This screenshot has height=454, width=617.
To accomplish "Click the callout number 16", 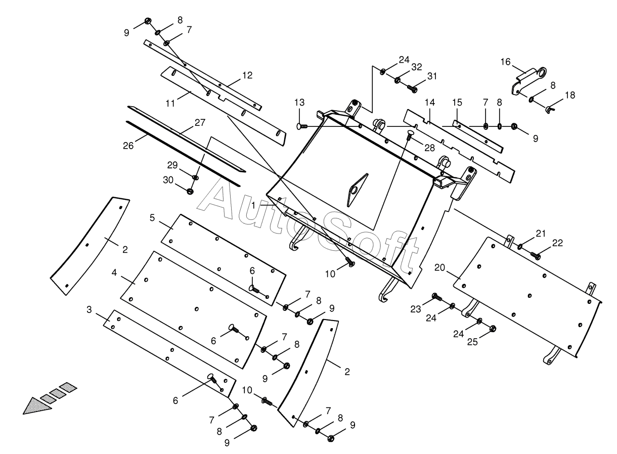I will pyautogui.click(x=506, y=62).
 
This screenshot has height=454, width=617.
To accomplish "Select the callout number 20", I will pyautogui.click(x=439, y=267).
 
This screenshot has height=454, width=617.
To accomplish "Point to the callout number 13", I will pyautogui.click(x=300, y=103).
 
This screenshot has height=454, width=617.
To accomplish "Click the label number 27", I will pyautogui.click(x=201, y=122).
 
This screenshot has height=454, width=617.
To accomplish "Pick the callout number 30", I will pyautogui.click(x=168, y=179).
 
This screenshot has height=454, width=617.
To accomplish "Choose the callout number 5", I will pyautogui.click(x=153, y=218).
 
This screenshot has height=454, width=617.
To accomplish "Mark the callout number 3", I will pyautogui.click(x=90, y=309).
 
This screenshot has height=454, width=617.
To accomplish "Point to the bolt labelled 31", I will pyautogui.click(x=412, y=89).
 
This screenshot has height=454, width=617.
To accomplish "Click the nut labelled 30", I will pyautogui.click(x=191, y=191).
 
